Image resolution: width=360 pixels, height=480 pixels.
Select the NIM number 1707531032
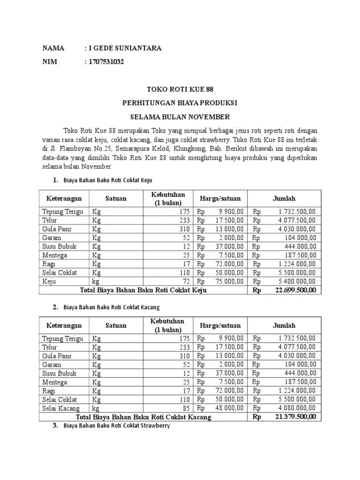pos(106,62)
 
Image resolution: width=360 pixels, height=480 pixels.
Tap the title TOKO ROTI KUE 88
pos(180,89)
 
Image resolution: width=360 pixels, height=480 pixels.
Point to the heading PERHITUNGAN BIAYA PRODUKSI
pos(180,103)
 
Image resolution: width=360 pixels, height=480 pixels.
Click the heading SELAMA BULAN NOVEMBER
pos(180,116)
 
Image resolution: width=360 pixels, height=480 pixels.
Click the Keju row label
pos(50,281)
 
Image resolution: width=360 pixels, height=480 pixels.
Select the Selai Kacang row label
pos(60,408)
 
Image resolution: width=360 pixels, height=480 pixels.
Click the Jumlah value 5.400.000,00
pos(297,281)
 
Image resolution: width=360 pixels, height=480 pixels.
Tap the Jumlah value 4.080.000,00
pos(297,408)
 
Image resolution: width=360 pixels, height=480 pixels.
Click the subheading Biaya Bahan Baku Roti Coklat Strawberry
pos(116,426)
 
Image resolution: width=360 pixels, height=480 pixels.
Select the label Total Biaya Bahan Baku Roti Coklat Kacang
pos(143,417)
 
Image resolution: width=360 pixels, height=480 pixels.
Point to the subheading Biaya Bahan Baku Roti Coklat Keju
pos(107,180)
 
